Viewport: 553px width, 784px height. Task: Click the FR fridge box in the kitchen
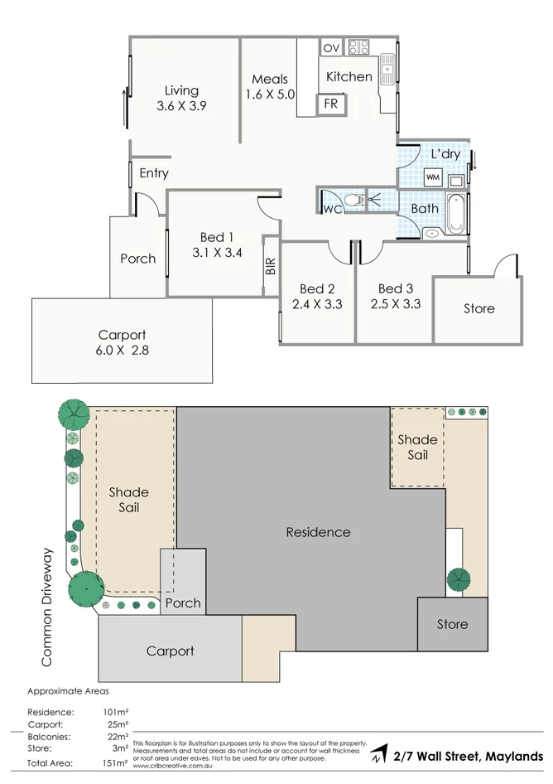[x=331, y=104]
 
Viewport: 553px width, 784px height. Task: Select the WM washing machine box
[x=432, y=177]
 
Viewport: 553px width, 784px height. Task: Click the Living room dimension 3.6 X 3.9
[x=180, y=106]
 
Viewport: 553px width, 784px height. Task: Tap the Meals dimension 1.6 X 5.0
[x=270, y=94]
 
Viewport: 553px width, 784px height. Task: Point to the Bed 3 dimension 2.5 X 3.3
[x=396, y=304]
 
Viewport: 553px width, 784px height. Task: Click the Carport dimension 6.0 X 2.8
[x=122, y=351]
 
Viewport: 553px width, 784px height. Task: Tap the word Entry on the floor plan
[x=154, y=173]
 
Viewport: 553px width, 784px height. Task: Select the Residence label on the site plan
[x=318, y=532]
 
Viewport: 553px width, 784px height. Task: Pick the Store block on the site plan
[x=452, y=624]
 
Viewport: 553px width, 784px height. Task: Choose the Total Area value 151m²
[x=115, y=762]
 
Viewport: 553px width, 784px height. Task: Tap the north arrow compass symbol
[x=378, y=756]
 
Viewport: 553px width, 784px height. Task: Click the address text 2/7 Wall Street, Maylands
[x=469, y=756]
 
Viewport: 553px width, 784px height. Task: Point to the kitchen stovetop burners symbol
[x=358, y=47]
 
